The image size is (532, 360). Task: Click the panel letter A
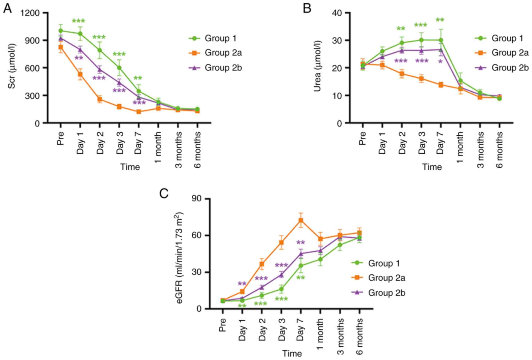[7, 8]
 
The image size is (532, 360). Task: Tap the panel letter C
[164, 194]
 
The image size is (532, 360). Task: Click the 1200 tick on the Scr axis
[30, 13]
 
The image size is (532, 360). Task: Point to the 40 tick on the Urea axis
[337, 13]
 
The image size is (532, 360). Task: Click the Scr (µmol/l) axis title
[12, 66]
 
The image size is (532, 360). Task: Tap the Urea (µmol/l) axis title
[317, 66]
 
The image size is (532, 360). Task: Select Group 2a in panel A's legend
[223, 53]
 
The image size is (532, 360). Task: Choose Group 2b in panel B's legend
[510, 68]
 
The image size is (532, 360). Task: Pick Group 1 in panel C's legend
[384, 263]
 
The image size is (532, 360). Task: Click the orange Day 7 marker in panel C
[301, 220]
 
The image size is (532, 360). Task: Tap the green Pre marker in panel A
[61, 31]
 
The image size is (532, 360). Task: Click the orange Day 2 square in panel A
[100, 99]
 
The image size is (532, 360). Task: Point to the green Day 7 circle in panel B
[441, 40]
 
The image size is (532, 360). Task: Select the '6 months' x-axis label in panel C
[360, 336]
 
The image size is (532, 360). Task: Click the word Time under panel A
[130, 167]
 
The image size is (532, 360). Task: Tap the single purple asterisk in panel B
[440, 62]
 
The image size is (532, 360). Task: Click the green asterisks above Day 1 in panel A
[79, 21]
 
